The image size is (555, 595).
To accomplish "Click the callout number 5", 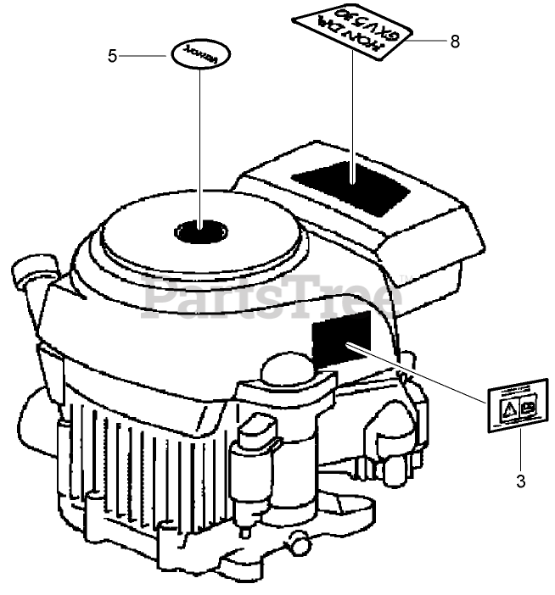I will [113, 56].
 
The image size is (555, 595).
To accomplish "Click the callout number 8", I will [455, 41].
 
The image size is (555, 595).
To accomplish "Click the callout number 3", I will [520, 482].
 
